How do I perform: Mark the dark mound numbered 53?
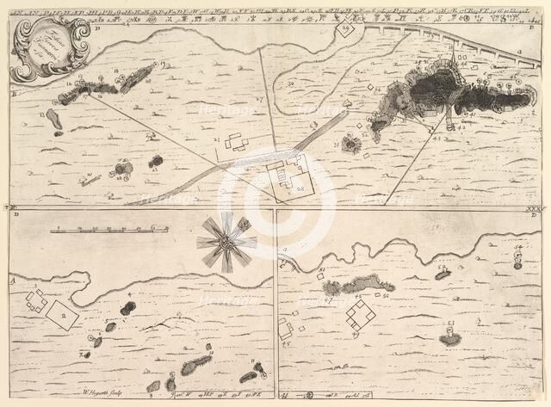point(449,339)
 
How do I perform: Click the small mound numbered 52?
point(443,274)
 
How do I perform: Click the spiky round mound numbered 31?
point(351,144)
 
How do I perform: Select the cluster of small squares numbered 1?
point(35,301)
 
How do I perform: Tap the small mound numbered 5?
point(110,327)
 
